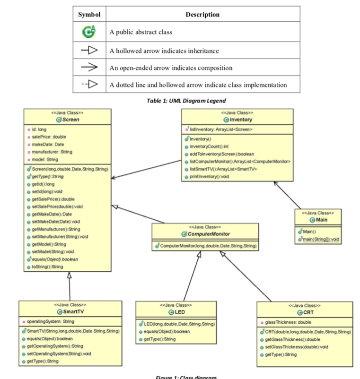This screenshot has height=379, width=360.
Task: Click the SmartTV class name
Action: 72,311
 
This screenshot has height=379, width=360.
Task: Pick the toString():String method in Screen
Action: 47,267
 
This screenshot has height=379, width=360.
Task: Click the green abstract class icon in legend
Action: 88,32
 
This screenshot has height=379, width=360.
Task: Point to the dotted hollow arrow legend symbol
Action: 88,85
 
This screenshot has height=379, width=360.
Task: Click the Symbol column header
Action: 88,14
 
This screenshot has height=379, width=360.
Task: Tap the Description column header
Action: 202,14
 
